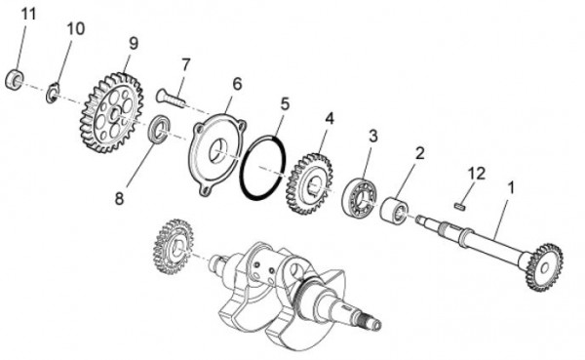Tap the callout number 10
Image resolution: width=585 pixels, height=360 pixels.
tap(76, 29)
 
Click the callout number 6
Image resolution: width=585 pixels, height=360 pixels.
tap(236, 85)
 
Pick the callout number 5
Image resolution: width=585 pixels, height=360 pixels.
tap(285, 102)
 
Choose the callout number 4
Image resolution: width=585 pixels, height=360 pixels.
tap(330, 117)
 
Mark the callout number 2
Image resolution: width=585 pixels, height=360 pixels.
tap(419, 153)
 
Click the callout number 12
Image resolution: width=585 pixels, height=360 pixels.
tap(476, 173)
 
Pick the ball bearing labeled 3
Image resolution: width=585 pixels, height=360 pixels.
tap(360, 199)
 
